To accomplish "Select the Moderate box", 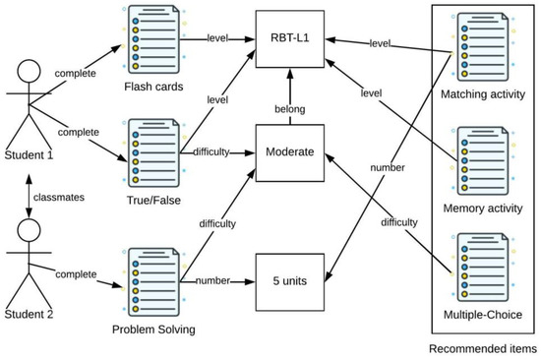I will (289, 151).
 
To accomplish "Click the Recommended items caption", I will (482, 348).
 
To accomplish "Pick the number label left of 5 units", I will (214, 279).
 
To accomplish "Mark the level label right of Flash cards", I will (218, 39).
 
